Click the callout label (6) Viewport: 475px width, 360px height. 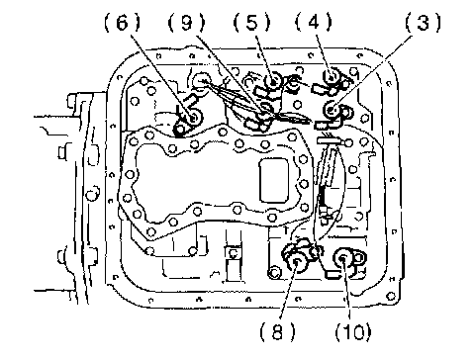(x=122, y=24)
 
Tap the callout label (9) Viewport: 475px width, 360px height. (x=186, y=24)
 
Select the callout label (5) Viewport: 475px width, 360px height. (x=251, y=24)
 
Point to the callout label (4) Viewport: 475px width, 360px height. (x=313, y=23)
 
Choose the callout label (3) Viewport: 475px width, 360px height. (x=423, y=23)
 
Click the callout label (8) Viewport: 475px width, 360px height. (x=277, y=331)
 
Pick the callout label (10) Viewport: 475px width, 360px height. (x=353, y=331)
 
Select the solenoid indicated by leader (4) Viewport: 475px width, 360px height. (x=332, y=82)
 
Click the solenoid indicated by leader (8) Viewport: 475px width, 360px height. (x=298, y=258)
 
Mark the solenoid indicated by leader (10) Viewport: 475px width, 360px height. (x=345, y=262)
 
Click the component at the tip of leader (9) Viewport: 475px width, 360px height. (x=261, y=117)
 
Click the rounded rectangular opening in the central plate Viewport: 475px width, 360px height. (x=274, y=180)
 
